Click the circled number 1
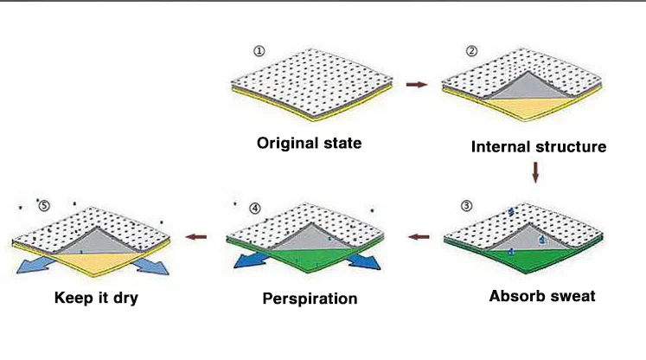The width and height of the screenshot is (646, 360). pos(259,50)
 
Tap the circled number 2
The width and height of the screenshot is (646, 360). pos(471,50)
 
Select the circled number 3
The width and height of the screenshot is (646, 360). pos(467,206)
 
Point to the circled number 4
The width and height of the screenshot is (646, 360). pos(254,209)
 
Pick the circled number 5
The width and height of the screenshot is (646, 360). pos(44,206)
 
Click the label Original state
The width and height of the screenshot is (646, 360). pos(310,143)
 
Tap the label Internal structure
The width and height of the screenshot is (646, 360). pos(538,146)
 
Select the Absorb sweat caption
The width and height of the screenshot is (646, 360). pos(542,296)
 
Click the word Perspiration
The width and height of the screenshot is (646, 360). pos(310,299)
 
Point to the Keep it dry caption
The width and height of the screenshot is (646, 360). pos(96,299)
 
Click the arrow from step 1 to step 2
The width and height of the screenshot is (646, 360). pos(416,85)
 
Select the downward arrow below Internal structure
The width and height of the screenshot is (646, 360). pos(535,173)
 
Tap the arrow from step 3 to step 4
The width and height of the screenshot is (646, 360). pos(419,235)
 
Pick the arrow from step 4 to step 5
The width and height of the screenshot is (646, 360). pos(197,235)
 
